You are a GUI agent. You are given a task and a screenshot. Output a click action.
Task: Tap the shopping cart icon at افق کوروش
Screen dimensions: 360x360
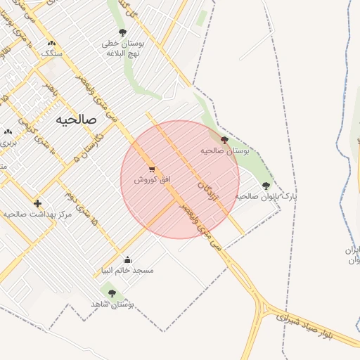[x=152, y=169]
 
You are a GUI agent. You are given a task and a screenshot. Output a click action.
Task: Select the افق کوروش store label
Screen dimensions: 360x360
[x=153, y=180]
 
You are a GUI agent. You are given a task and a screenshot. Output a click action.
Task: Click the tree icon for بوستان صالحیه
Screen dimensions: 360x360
[x=224, y=140]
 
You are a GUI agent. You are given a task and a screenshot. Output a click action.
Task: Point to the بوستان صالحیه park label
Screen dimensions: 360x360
[x=225, y=150]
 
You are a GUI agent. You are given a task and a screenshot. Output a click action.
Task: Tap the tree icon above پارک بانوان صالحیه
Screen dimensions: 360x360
[x=266, y=186]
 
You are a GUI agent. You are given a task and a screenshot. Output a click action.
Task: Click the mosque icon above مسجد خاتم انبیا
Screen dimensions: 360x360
[x=127, y=259]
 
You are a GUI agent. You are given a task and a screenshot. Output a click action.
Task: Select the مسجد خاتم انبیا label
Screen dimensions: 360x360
[x=128, y=270]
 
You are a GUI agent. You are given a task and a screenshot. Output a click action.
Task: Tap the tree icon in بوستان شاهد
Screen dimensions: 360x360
[x=112, y=293]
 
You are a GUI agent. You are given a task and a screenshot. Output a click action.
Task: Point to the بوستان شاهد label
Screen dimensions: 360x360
[x=112, y=304]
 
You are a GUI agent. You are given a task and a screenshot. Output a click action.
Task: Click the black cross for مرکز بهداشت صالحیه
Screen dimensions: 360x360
[x=37, y=203]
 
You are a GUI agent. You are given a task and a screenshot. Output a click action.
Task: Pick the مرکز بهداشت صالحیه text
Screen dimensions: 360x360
[x=38, y=213]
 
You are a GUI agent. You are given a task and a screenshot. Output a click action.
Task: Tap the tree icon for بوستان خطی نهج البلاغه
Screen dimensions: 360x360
[x=123, y=32]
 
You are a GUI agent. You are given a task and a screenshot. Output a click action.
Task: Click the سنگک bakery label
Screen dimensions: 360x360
[x=51, y=53]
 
